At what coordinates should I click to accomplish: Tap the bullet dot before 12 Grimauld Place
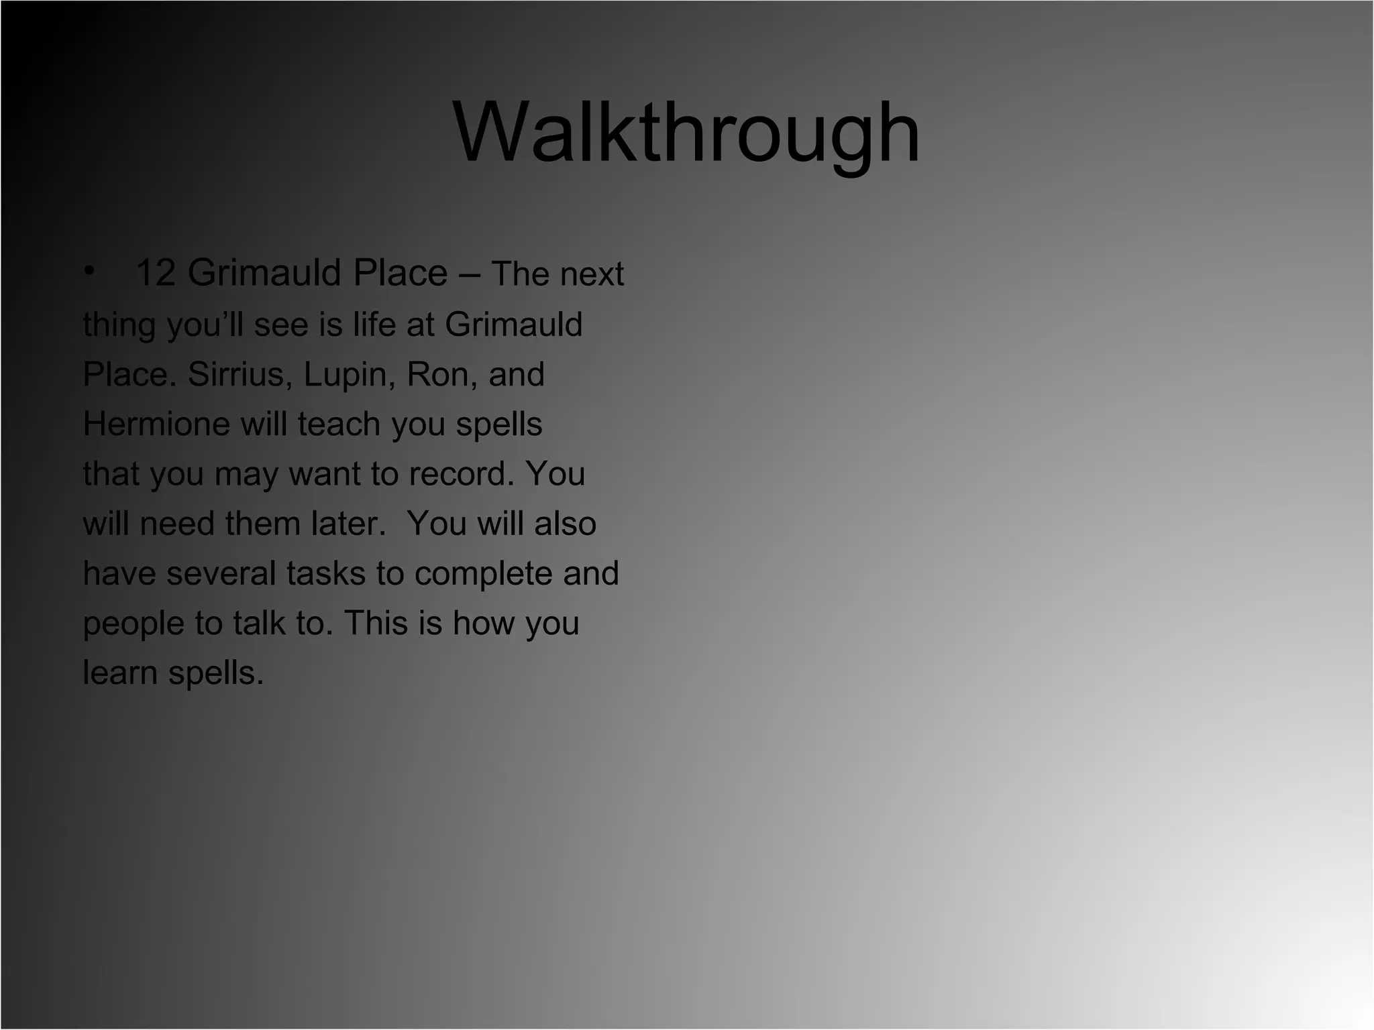point(89,271)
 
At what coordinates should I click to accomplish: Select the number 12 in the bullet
point(156,273)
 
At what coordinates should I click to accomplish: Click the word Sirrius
point(240,374)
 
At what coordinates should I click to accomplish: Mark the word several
point(221,573)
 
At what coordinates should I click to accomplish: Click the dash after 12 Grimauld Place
point(469,274)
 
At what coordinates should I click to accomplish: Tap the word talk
point(259,623)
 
